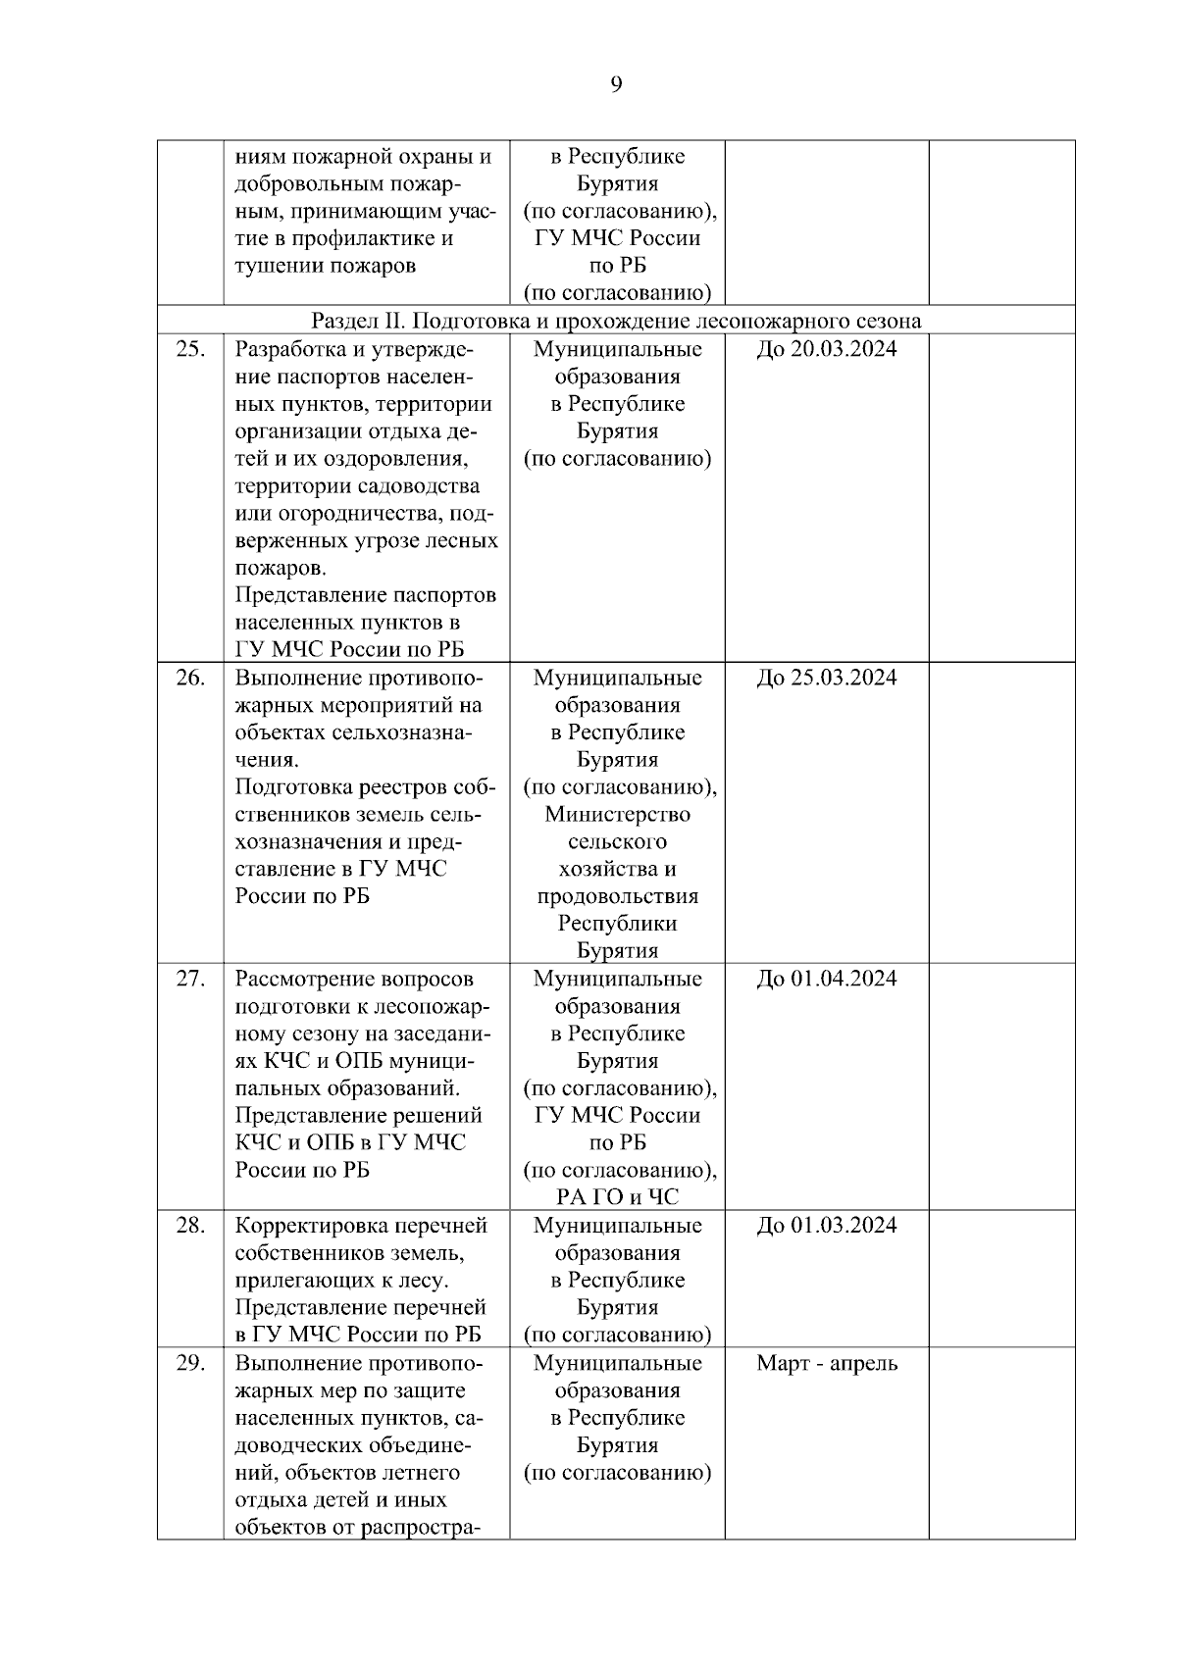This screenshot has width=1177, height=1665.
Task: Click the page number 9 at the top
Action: point(616,84)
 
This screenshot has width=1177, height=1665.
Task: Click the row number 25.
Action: point(189,349)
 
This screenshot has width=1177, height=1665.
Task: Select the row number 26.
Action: point(189,678)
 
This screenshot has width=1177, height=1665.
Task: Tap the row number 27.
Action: point(189,979)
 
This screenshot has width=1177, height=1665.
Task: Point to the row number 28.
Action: point(189,1226)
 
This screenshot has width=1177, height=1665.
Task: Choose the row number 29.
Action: point(189,1363)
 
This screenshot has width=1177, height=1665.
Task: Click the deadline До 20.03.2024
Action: point(826,349)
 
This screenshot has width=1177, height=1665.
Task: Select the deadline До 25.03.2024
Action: point(826,678)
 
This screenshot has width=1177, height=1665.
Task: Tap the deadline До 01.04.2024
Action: point(826,979)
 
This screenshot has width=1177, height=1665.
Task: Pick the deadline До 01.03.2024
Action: point(826,1226)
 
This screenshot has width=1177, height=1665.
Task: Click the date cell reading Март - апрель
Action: point(826,1363)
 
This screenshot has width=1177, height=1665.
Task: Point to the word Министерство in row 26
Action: point(617,814)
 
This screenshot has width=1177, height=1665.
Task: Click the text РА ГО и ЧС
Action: point(617,1197)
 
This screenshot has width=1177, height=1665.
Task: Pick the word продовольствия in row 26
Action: point(617,896)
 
